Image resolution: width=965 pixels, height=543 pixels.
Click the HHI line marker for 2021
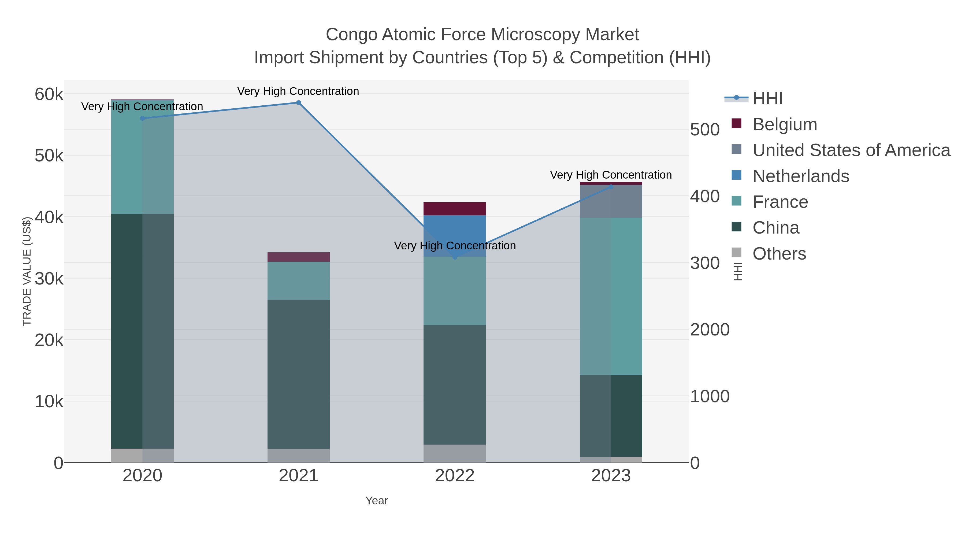click(x=299, y=103)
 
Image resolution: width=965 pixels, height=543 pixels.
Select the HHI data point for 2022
click(x=455, y=257)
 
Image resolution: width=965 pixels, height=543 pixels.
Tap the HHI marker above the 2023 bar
click(x=611, y=187)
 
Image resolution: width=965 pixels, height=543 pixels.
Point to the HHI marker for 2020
click(x=142, y=119)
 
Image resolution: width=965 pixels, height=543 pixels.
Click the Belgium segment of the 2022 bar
click(x=455, y=209)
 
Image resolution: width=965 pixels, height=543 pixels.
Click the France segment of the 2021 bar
click(x=299, y=281)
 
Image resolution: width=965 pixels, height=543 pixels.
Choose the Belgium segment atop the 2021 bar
click(x=299, y=257)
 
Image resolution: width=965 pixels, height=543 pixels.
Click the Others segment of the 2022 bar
click(x=455, y=453)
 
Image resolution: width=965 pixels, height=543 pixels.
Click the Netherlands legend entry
click(x=800, y=176)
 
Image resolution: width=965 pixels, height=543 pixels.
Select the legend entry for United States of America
click(x=851, y=150)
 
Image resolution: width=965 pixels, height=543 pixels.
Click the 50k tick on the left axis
click(x=49, y=156)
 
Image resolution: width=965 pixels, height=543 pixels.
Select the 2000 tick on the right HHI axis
click(x=710, y=330)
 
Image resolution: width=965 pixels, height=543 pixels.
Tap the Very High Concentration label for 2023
click(x=611, y=175)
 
